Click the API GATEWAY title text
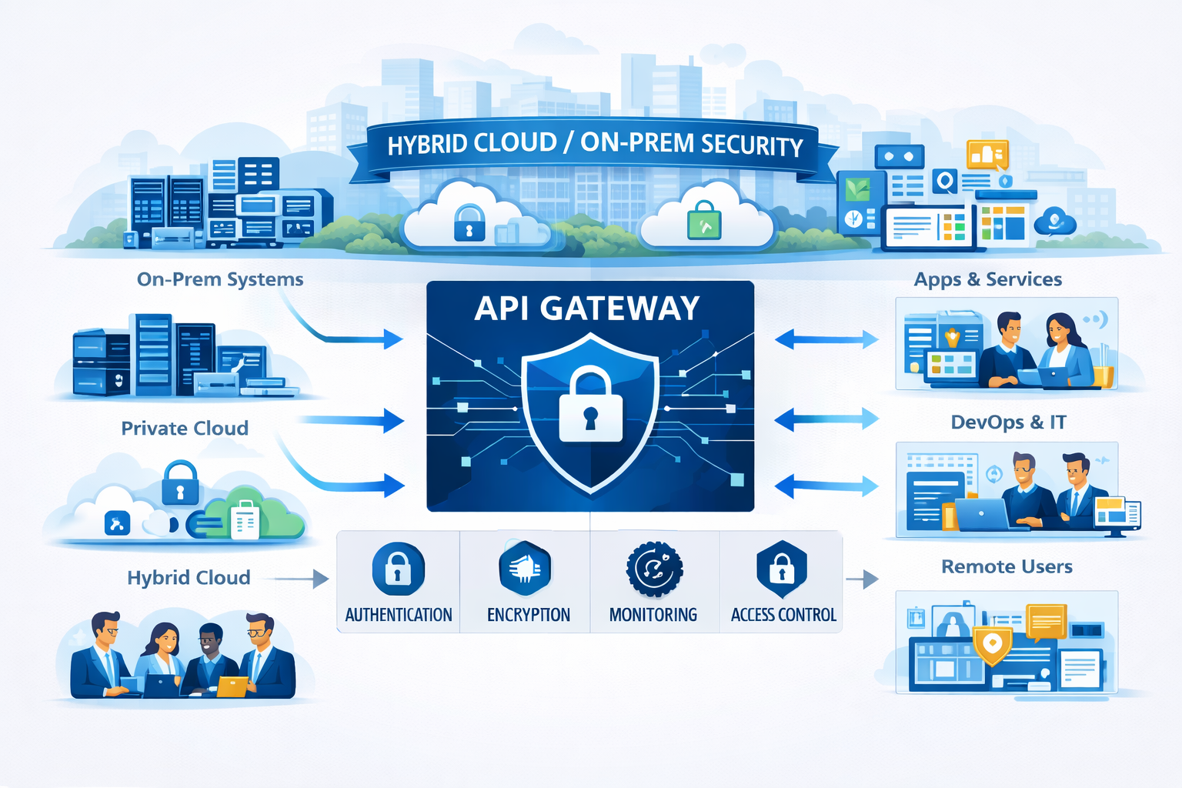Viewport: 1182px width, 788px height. [587, 309]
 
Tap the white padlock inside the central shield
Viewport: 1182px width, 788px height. [590, 406]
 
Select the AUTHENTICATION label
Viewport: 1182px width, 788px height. [398, 615]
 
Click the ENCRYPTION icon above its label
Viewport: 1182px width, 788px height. [525, 569]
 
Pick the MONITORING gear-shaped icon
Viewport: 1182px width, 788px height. [654, 569]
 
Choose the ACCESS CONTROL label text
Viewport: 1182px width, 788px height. [783, 615]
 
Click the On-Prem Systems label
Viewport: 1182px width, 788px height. [220, 279]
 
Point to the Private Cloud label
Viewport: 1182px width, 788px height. [185, 428]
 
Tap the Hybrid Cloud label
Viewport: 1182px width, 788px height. [189, 578]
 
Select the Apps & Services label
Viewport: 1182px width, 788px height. [988, 279]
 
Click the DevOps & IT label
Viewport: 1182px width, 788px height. [1008, 422]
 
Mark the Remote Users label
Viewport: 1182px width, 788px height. [1007, 567]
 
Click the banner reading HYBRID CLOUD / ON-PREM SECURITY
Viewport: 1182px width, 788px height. [594, 145]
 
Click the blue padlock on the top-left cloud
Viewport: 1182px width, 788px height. [469, 222]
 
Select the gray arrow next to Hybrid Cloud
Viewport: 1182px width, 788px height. [302, 579]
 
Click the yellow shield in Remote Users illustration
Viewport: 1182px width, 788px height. [992, 644]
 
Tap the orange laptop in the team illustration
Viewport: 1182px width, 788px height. [232, 686]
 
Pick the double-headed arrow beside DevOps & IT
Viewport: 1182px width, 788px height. [826, 419]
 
